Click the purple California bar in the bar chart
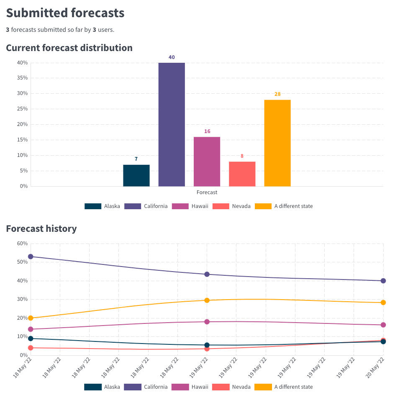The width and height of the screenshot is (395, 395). coord(172,124)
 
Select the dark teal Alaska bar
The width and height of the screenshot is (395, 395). coord(136,175)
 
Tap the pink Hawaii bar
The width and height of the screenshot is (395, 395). coord(207,161)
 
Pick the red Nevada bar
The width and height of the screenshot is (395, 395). coord(242,174)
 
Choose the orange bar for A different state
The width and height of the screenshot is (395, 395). coord(277,143)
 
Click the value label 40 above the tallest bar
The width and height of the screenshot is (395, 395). coord(172,57)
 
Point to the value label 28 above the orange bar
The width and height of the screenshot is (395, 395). coord(277,94)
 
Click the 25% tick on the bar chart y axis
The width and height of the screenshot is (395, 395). coord(22,109)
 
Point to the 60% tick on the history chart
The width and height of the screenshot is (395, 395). coord(22,244)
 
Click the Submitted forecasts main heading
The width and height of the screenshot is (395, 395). coord(65,13)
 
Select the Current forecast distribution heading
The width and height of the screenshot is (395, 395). coord(69,48)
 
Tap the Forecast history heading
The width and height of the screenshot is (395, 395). coord(41,228)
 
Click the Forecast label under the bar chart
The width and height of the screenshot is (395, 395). coord(207,192)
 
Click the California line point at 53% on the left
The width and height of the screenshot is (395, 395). coord(31,256)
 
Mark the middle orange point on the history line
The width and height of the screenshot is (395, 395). coord(207,300)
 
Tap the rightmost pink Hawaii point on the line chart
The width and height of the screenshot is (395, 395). coord(383,325)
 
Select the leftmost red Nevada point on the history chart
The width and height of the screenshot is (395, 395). coord(31,348)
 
